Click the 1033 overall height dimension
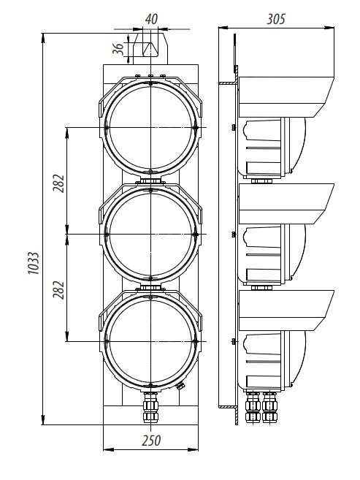(x=34, y=263)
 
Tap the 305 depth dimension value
(x=276, y=19)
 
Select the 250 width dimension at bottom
(x=151, y=441)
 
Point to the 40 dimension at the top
(x=151, y=19)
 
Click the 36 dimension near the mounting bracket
(x=118, y=49)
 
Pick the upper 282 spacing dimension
(x=58, y=183)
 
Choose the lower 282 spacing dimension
(x=58, y=290)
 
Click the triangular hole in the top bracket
(x=150, y=49)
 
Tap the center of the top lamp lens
(x=150, y=127)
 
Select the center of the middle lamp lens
(x=150, y=235)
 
